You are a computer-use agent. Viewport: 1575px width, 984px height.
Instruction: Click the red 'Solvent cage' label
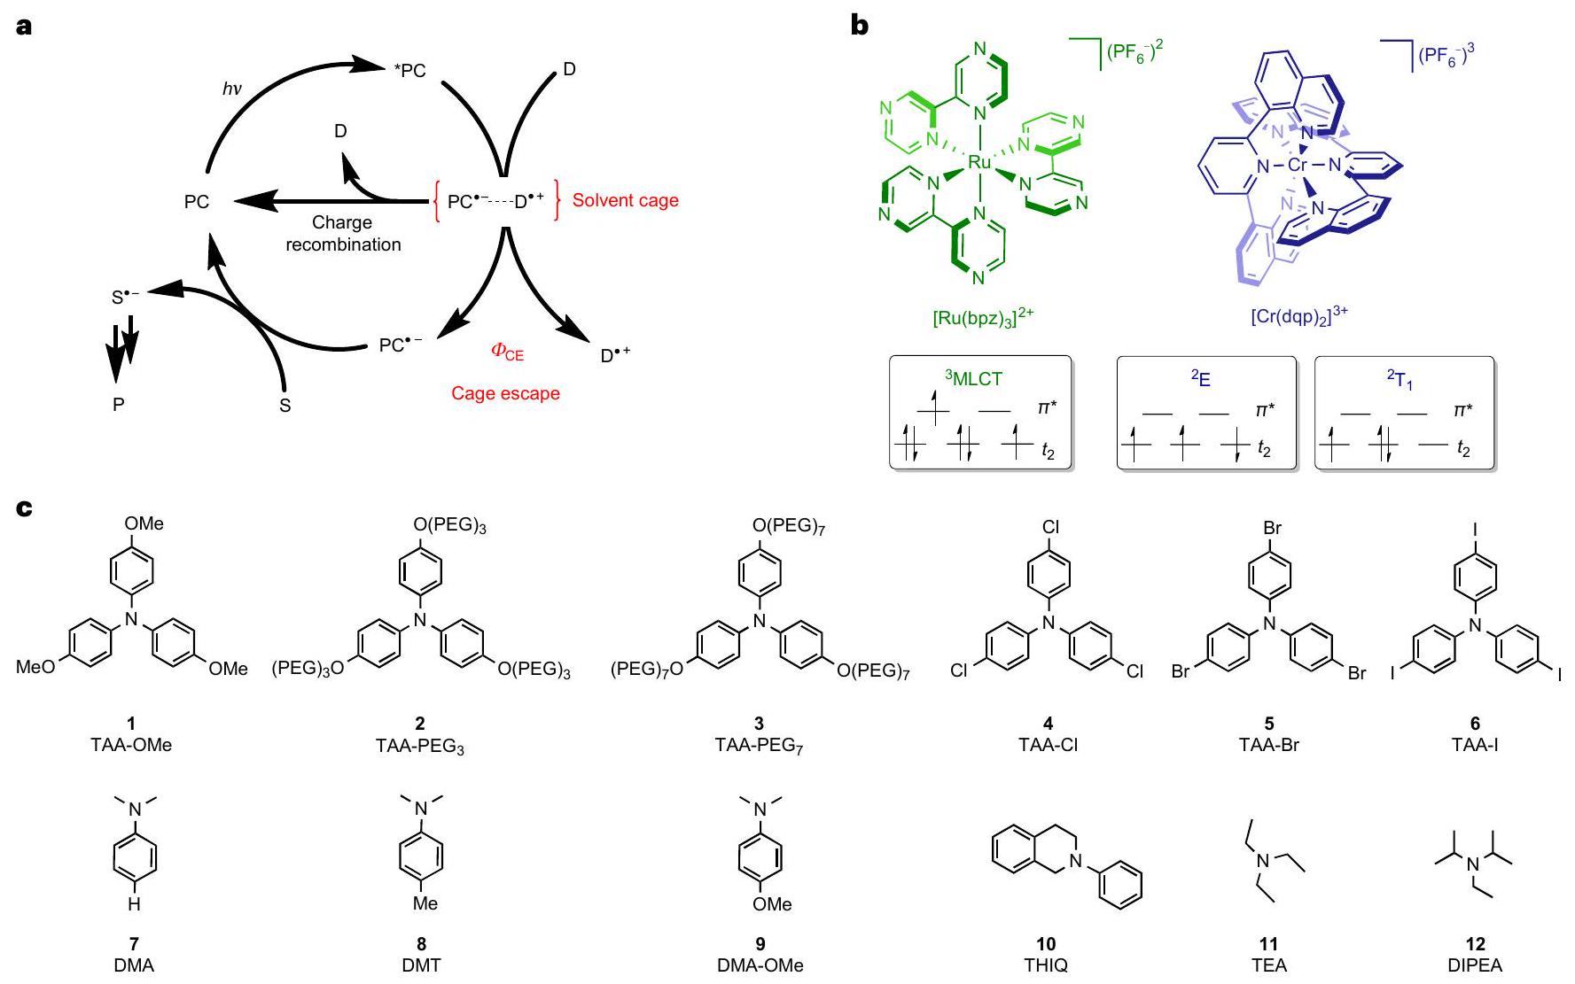tap(625, 200)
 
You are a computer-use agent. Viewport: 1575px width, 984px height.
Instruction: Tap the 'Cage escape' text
tap(505, 393)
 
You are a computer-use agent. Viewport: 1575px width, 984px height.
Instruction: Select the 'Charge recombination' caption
tap(343, 234)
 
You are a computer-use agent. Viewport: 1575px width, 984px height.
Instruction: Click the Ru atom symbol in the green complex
tap(979, 163)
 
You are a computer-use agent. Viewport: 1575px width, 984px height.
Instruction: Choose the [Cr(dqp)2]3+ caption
tap(1298, 316)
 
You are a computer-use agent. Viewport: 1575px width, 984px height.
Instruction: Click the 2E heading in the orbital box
tap(1200, 378)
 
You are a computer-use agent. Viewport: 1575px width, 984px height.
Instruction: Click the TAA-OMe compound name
tap(131, 745)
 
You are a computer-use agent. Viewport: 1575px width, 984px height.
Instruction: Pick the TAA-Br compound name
tap(1268, 745)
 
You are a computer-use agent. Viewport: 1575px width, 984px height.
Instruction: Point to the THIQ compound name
tap(1046, 965)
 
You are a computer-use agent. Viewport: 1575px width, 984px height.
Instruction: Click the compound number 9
tap(760, 944)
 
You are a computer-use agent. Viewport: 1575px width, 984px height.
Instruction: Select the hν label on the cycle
tap(231, 89)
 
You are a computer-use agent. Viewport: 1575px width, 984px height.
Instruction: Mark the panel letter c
tap(25, 508)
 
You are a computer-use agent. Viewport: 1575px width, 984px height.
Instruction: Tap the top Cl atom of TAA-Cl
tap(1049, 528)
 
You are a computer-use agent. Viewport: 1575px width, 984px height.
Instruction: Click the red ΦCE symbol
tap(507, 352)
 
